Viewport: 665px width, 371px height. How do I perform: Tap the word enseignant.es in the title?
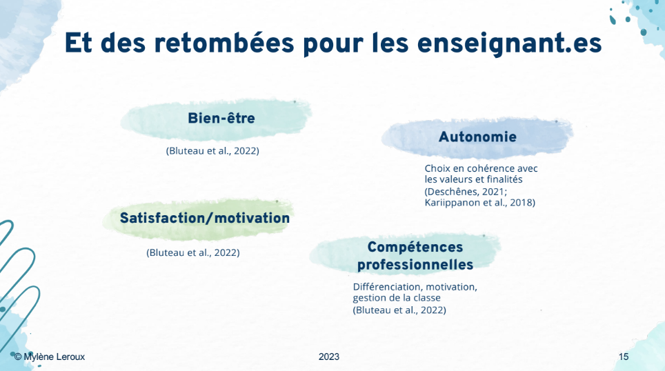point(509,44)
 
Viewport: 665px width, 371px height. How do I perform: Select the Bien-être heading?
point(221,118)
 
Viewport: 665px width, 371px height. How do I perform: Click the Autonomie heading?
point(477,137)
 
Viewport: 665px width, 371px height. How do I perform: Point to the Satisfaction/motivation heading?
point(205,218)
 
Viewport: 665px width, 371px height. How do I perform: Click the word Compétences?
point(415,247)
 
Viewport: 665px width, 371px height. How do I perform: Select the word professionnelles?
point(415,265)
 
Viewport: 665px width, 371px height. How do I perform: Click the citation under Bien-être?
point(212,151)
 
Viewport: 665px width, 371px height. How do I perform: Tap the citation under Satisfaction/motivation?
point(193,252)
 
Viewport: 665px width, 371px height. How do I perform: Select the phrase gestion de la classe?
point(397,298)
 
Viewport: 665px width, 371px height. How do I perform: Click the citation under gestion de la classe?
point(399,310)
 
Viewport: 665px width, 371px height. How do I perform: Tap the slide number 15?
point(624,357)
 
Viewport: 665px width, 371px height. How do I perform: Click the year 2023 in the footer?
point(329,357)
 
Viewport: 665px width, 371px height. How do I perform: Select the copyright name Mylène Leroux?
point(54,357)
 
